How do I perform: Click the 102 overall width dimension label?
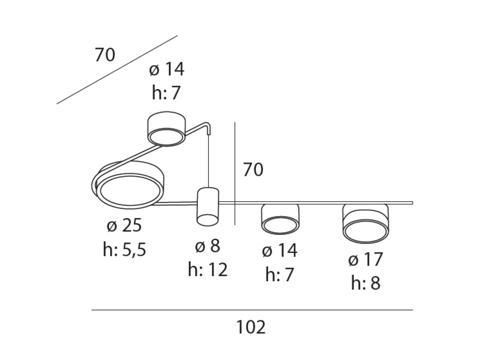pos(251,327)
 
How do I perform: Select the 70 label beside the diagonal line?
pos(105,54)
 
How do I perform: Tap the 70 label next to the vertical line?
pos(253,170)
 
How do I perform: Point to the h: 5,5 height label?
pos(125,249)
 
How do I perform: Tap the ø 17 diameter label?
pos(365,259)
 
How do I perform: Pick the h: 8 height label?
pos(365,283)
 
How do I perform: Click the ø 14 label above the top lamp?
pos(167,69)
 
